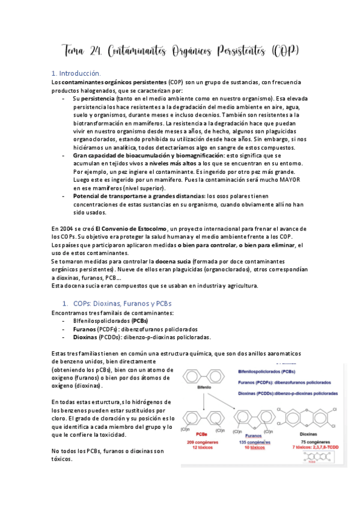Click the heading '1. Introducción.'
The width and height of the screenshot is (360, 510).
pos(80,73)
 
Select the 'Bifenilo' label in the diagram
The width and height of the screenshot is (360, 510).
pos(206,389)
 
